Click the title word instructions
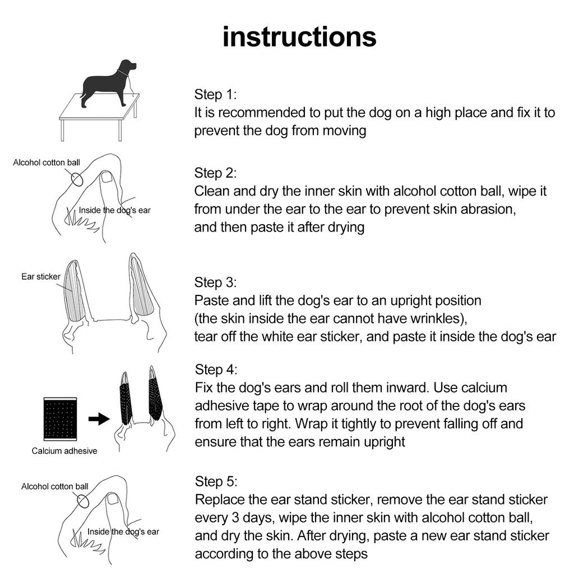299,37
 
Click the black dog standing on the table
107,84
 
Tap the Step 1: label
215,94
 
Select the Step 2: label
215,173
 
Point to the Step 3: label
215,282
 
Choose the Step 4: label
216,369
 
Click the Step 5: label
216,482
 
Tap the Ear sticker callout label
41,276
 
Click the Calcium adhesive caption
64,451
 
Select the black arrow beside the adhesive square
99,419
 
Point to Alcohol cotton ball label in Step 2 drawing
47,163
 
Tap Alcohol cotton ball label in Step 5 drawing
55,487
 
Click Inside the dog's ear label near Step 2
114,210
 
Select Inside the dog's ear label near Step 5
123,531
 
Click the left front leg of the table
62,130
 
